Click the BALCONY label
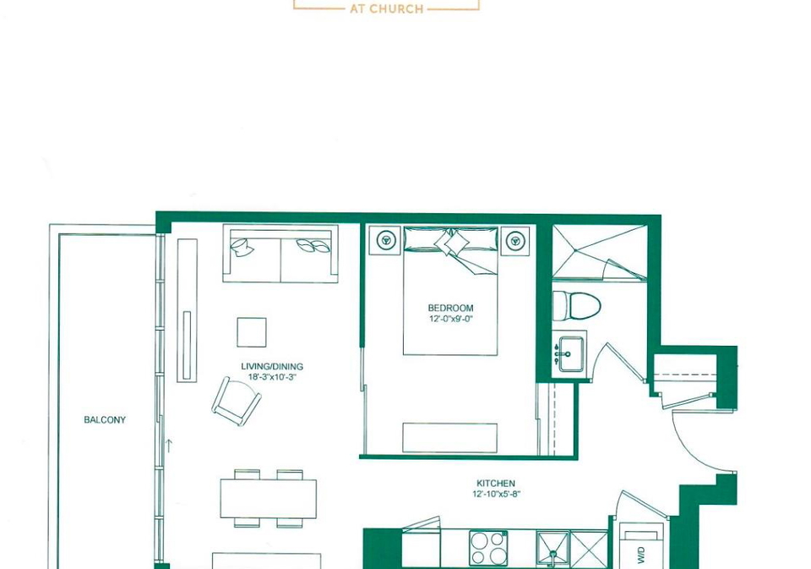[x=105, y=420]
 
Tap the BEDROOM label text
[x=450, y=308]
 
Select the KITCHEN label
[x=496, y=483]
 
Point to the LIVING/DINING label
[x=272, y=367]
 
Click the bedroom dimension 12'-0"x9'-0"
[x=450, y=319]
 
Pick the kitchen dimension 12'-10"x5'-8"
[x=496, y=494]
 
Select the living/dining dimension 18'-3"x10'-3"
[x=272, y=377]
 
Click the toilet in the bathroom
[x=576, y=305]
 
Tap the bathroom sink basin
[x=571, y=354]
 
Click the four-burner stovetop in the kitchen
[x=488, y=549]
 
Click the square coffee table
[x=252, y=332]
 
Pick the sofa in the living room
[x=280, y=253]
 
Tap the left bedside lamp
[x=385, y=240]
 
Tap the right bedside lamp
[x=514, y=240]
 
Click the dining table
[x=269, y=499]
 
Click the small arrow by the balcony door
[x=168, y=446]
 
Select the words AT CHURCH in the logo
[x=387, y=8]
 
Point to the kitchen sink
[x=552, y=548]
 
